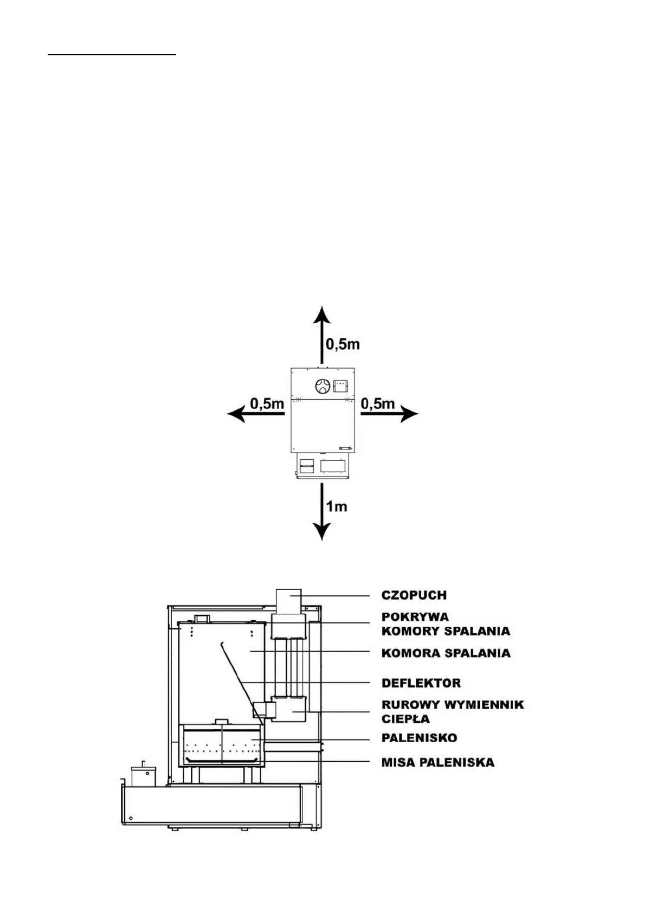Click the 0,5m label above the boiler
point(343,344)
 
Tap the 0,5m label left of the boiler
point(267,404)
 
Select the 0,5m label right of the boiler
point(378,404)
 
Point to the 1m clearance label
point(336,506)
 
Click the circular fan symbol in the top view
point(322,386)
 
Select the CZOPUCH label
point(414,595)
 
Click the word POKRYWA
point(415,617)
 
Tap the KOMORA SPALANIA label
point(446,653)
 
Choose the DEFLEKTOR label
point(421,683)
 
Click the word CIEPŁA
point(405,719)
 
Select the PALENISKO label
point(419,738)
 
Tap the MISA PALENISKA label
point(438,762)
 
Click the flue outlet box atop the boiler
point(288,601)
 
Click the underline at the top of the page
point(112,55)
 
